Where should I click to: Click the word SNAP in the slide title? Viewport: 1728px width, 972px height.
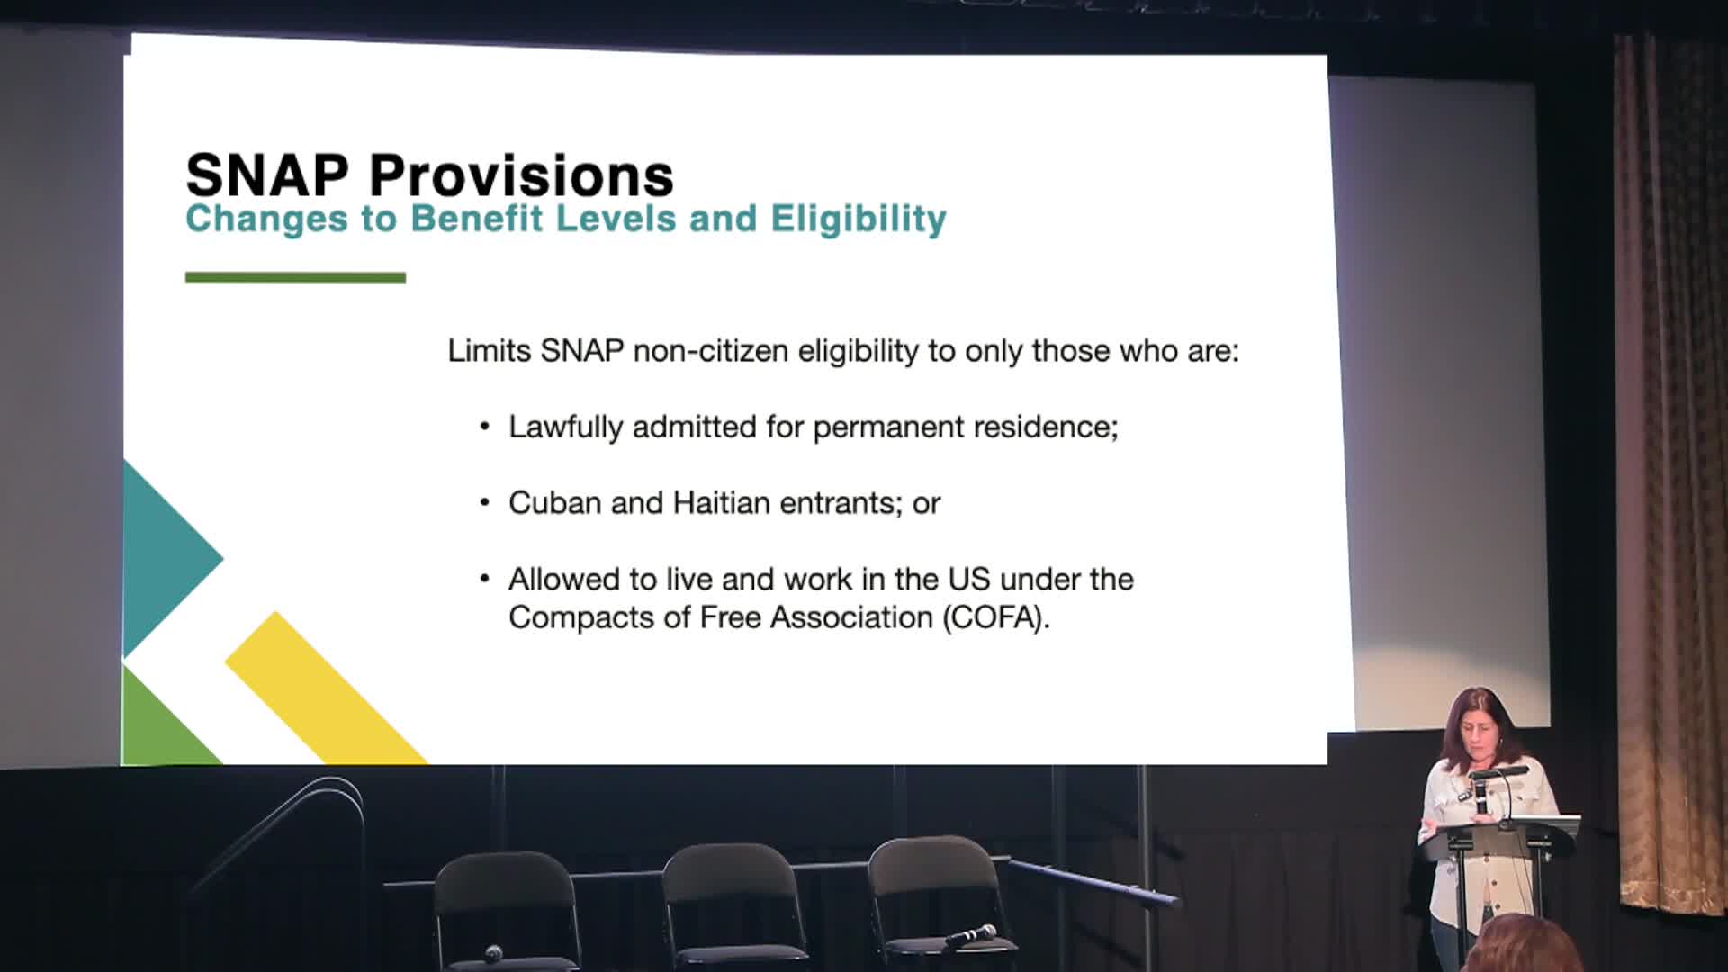coord(267,175)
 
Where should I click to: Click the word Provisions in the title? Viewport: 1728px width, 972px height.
coord(521,175)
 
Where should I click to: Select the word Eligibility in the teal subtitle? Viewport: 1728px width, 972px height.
coord(859,219)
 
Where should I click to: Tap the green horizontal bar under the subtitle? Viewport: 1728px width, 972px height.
coord(295,277)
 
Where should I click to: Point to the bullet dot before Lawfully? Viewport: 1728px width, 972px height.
coord(485,427)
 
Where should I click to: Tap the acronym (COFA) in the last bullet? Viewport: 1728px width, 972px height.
coord(996,617)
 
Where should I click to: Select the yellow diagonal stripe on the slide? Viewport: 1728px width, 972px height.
coord(326,688)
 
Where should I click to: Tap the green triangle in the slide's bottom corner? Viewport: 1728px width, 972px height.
coord(162,720)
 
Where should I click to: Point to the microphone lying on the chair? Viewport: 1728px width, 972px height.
coord(970,935)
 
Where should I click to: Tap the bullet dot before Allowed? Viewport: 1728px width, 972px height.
coord(485,579)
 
